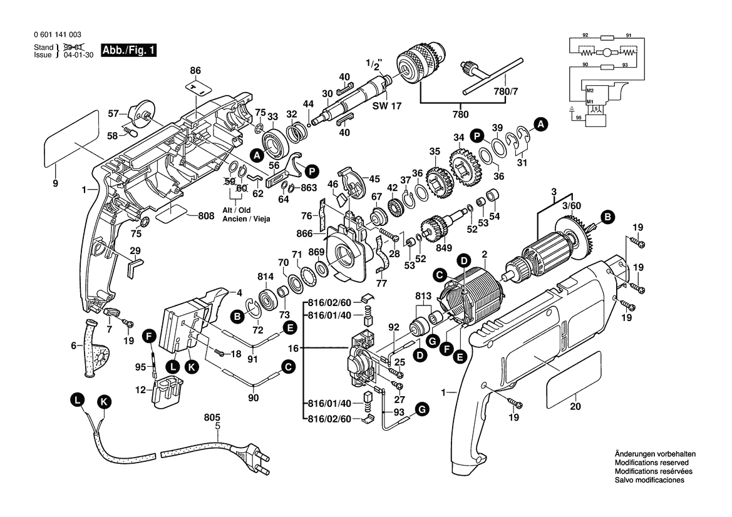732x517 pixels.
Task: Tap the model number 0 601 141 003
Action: click(x=57, y=35)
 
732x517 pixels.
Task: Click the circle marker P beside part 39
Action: click(x=477, y=135)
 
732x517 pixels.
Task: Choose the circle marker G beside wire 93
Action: click(x=422, y=410)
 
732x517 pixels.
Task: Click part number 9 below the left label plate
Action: click(x=55, y=183)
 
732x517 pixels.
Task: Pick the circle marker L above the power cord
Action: click(x=76, y=400)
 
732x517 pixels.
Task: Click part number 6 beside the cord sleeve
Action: click(x=73, y=345)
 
